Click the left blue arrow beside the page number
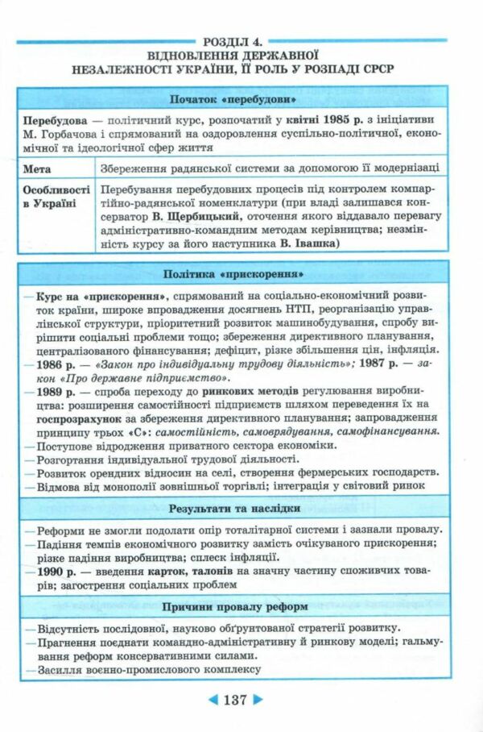pyautogui.click(x=204, y=700)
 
